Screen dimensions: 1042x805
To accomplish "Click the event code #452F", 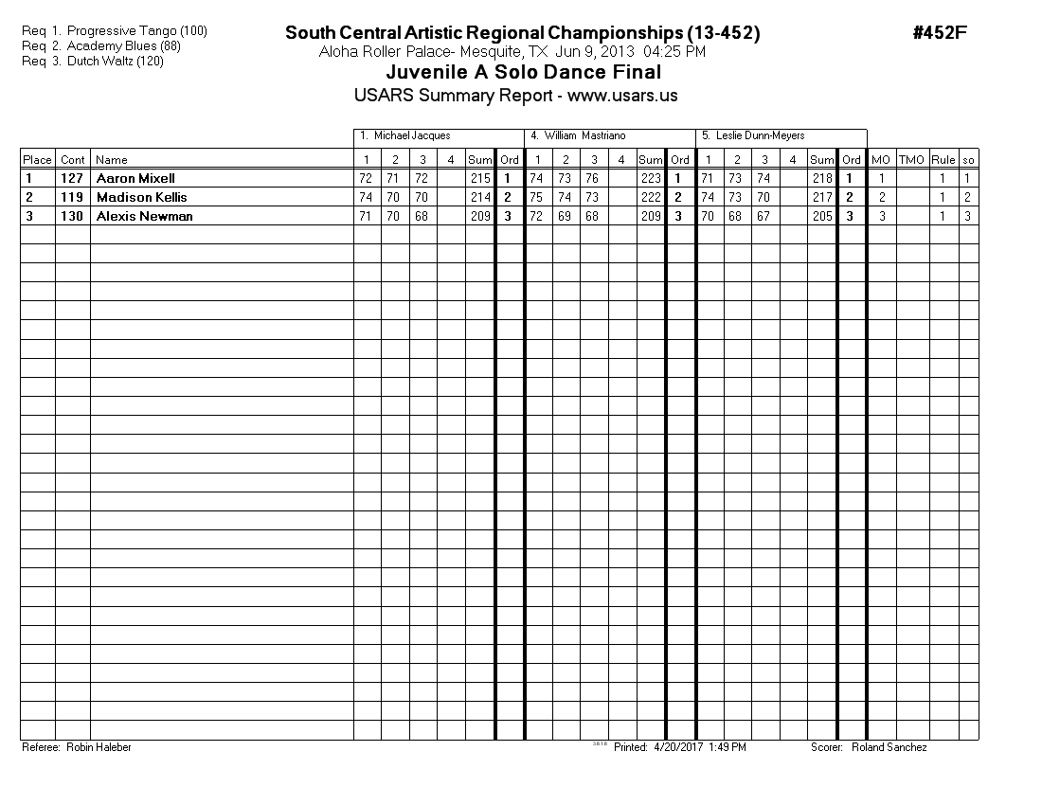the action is (x=939, y=33).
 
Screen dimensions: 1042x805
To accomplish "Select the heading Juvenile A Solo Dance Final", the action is (x=524, y=73).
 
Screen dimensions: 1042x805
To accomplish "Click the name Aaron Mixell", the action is (x=135, y=178).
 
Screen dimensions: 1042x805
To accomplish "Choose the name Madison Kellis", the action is (x=141, y=197).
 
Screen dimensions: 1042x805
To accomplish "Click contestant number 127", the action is (x=72, y=178).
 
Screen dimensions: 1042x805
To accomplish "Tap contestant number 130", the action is (x=72, y=216).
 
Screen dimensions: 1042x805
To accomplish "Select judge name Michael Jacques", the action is (x=412, y=136).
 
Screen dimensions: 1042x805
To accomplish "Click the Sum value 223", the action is (x=650, y=178).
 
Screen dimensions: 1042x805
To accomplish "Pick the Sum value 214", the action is (x=479, y=197).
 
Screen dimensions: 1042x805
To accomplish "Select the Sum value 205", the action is (x=821, y=216).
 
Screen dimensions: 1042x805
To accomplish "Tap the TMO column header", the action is (x=911, y=160).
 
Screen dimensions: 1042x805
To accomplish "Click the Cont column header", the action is (x=73, y=160).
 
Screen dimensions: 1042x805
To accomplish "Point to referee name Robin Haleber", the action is (x=99, y=747).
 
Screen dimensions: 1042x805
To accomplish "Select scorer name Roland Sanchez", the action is (x=889, y=747).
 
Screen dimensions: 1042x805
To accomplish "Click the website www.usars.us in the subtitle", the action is (x=622, y=96).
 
